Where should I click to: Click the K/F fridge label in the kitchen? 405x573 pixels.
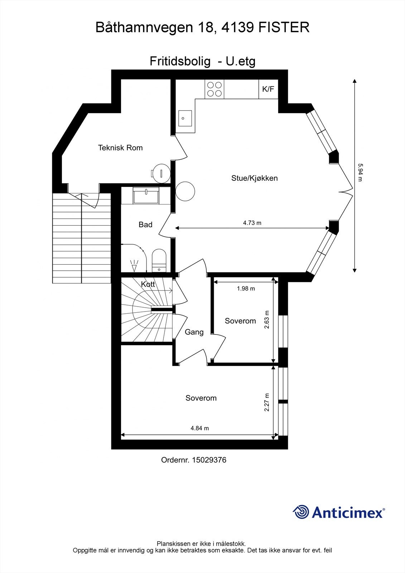268,89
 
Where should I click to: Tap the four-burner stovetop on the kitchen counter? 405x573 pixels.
214,89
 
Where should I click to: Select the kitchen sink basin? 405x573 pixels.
185,119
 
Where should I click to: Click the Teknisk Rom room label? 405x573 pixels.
120,148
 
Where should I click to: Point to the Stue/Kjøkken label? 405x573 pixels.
255,178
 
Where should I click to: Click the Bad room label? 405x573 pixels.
145,225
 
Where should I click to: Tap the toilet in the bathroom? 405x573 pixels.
159,260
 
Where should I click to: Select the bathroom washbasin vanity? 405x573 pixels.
146,196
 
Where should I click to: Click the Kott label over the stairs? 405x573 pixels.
148,284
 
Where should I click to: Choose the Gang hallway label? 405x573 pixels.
194,332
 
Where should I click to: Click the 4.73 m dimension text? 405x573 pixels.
252,223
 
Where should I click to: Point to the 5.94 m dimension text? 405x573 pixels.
360,173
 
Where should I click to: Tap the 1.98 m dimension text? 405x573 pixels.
246,289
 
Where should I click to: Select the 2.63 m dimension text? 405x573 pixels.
267,319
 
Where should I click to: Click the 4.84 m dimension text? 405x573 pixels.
200,428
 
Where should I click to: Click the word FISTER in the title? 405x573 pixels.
284,27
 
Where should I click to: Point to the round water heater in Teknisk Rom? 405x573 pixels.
160,173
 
